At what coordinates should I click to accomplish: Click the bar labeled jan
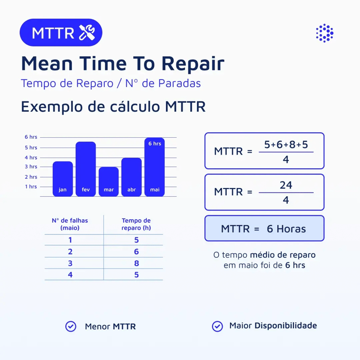click(63, 178)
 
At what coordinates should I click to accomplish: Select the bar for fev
click(85, 169)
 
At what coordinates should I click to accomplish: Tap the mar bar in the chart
click(108, 181)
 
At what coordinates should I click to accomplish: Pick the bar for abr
click(131, 176)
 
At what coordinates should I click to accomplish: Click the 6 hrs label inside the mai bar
click(154, 144)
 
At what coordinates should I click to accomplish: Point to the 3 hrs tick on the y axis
click(31, 167)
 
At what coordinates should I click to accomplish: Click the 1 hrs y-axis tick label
click(31, 186)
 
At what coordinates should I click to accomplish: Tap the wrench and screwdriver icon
click(87, 33)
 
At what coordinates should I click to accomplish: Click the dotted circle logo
click(324, 33)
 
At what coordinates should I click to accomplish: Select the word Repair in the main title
click(193, 63)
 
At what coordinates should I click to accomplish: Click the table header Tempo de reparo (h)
click(136, 224)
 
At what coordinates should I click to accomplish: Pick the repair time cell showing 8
click(136, 263)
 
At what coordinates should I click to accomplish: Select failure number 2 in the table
click(70, 252)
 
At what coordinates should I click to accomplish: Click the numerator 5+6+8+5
click(286, 145)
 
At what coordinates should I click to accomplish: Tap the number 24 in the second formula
click(286, 185)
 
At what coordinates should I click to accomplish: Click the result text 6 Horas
click(286, 229)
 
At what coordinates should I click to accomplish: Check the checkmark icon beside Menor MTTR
click(71, 326)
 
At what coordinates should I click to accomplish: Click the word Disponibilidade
click(285, 325)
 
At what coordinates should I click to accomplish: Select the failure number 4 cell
click(70, 274)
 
